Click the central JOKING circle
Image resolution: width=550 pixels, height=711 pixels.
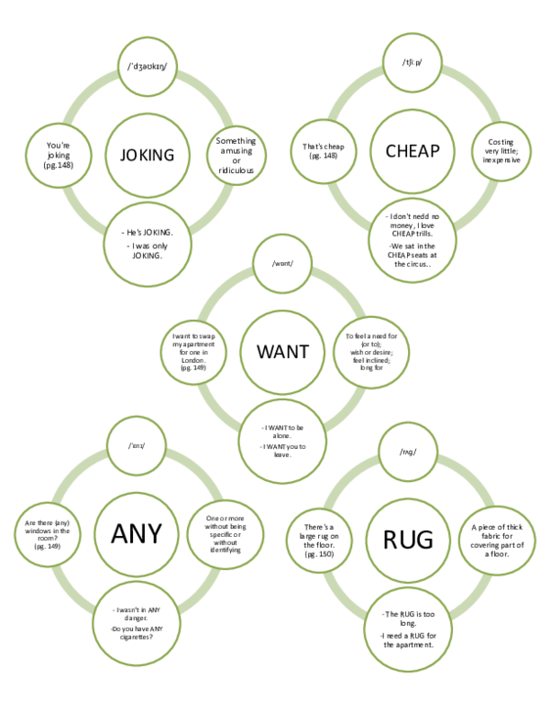[x=148, y=154]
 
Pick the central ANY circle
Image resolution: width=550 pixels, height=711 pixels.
[x=136, y=532]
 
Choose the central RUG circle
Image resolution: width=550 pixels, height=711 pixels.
[x=407, y=536]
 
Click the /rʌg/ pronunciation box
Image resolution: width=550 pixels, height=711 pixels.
[x=408, y=452]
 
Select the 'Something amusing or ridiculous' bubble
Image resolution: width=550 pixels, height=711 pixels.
[x=236, y=156]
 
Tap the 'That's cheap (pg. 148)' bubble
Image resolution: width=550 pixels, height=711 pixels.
[x=322, y=152]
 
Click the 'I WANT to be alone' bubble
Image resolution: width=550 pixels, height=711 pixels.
[x=282, y=439]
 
